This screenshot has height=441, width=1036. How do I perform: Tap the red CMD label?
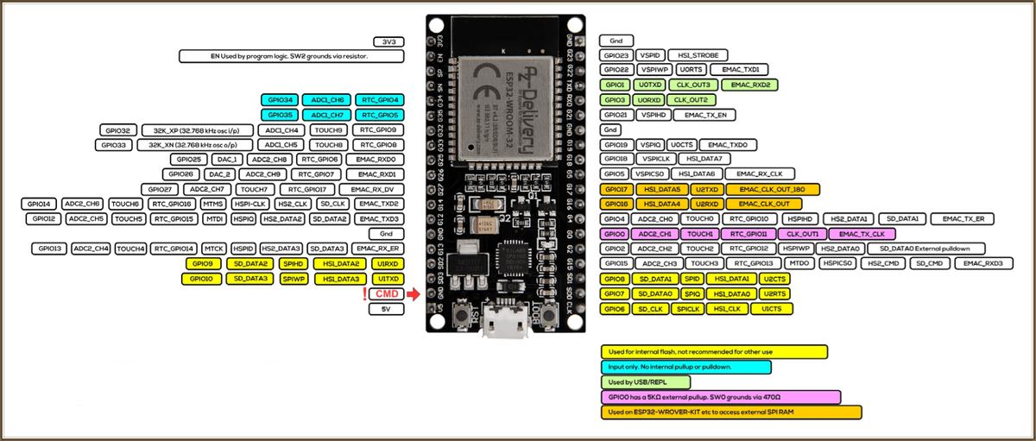pos(387,294)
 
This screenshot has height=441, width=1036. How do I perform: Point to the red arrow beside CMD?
pos(413,294)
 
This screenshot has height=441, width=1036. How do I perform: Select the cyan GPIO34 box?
pos(281,100)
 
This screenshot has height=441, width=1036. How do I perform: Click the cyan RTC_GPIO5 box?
pos(380,115)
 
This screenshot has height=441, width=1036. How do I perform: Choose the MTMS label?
pos(212,204)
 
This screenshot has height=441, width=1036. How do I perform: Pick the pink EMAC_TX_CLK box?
pos(861,234)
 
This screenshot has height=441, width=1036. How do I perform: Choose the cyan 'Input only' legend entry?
pos(685,367)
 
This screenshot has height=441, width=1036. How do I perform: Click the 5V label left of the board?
pos(387,309)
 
